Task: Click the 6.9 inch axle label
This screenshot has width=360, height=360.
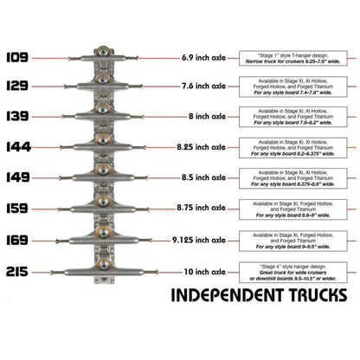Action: tap(204, 58)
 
